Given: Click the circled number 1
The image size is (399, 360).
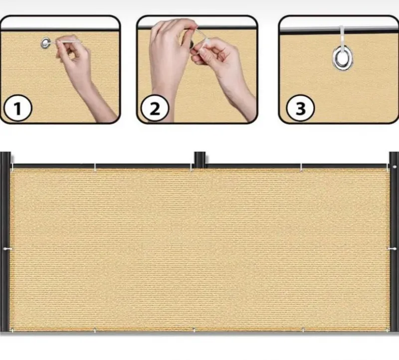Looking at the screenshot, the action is [x=18, y=108].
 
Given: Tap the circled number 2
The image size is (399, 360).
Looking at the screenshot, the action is [x=155, y=108].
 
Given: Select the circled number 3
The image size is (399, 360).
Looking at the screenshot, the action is [x=300, y=109].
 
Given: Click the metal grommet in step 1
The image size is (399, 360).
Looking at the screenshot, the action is [x=46, y=43].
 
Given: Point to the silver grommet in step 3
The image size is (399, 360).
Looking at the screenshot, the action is [x=342, y=58].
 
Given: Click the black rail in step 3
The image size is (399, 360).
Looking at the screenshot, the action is [x=339, y=32].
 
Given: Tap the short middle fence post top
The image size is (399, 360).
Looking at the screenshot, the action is [x=200, y=158].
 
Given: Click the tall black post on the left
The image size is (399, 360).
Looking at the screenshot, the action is [x=5, y=242].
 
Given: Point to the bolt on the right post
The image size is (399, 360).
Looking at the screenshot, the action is [x=395, y=167].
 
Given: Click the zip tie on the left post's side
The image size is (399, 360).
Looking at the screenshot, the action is [x=7, y=249].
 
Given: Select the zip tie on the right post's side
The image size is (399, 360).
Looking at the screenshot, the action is [x=392, y=249].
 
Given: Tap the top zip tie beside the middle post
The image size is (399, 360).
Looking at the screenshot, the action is [x=191, y=167].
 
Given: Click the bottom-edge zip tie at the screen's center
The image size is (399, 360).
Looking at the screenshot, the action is [x=194, y=330].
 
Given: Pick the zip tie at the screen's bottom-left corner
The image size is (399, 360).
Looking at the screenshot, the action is [x=12, y=330].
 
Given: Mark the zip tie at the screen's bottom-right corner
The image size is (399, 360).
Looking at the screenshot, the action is [x=387, y=330].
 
